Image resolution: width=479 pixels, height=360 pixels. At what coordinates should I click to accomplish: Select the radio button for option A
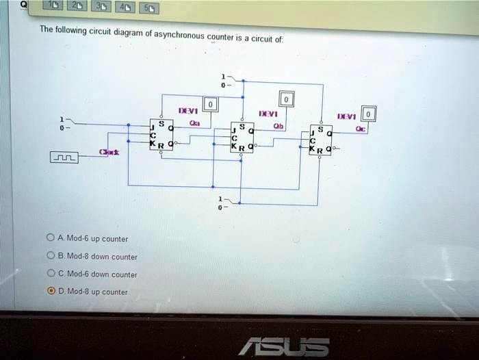click(x=51, y=238)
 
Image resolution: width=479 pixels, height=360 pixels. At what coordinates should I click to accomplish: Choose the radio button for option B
click(x=51, y=256)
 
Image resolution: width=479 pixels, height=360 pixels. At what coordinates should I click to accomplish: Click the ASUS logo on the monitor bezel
click(x=283, y=346)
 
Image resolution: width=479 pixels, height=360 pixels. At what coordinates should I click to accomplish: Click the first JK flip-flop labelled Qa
click(x=161, y=134)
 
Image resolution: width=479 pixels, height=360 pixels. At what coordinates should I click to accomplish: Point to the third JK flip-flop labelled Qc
click(x=320, y=139)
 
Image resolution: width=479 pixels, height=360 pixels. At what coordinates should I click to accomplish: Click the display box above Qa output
click(x=211, y=104)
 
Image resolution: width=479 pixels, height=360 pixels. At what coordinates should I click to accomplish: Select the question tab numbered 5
click(x=150, y=8)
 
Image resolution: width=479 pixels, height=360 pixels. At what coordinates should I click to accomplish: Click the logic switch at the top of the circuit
click(x=229, y=81)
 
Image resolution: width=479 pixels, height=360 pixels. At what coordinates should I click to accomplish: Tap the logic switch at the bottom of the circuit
click(x=229, y=200)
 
